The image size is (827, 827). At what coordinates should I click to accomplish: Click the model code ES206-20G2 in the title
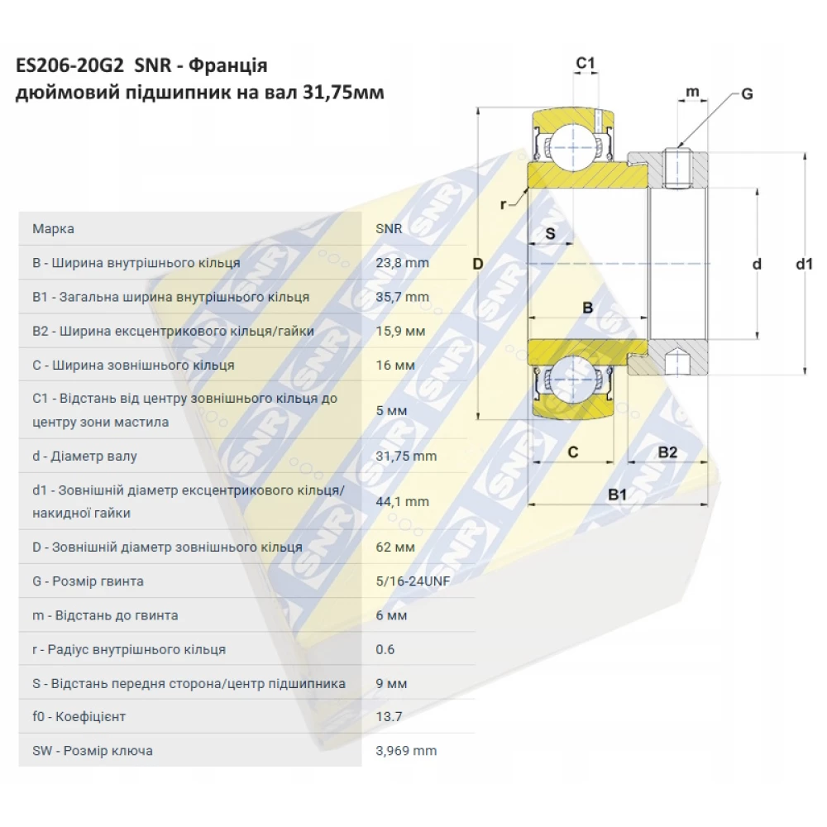[x=69, y=65]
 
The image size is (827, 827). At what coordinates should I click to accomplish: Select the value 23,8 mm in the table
[x=403, y=263]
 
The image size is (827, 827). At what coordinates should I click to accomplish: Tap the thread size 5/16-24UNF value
[x=413, y=581]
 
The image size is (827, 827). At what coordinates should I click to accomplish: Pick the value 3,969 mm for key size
[x=406, y=751]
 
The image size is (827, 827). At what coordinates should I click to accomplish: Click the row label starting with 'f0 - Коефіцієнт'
[x=79, y=716]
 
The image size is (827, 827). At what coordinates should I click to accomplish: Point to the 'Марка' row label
[x=53, y=229]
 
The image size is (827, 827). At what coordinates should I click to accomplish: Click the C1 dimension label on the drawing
[x=586, y=64]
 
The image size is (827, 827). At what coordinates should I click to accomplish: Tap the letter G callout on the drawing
[x=747, y=94]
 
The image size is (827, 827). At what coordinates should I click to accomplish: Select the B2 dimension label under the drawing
[x=667, y=452]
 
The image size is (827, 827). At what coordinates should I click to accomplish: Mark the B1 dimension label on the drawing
[x=617, y=495]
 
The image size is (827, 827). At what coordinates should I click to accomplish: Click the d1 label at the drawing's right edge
[x=805, y=264]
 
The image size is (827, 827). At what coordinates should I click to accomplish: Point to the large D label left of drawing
[x=478, y=264]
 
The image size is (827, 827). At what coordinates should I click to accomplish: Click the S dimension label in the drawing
[x=550, y=233]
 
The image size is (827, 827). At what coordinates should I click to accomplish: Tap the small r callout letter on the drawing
[x=503, y=204]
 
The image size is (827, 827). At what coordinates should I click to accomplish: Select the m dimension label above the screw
[x=692, y=92]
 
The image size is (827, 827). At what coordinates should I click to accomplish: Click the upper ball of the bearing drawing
[x=573, y=147]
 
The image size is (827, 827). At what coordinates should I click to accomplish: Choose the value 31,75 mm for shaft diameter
[x=406, y=456]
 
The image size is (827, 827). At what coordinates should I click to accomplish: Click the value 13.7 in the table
[x=389, y=716]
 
